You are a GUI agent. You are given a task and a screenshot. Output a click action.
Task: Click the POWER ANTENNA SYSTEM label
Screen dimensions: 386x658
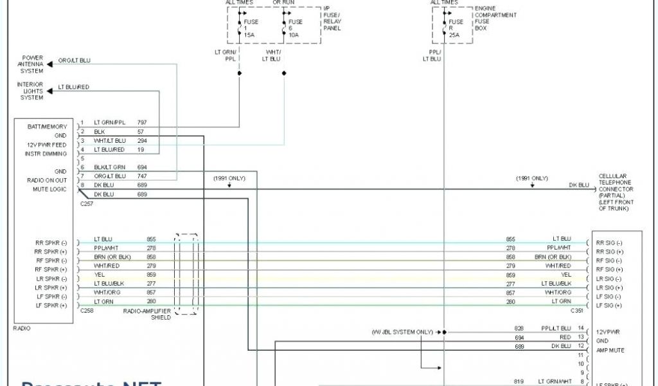click(32, 64)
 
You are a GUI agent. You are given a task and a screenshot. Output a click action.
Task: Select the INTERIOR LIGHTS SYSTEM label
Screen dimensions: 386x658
click(31, 91)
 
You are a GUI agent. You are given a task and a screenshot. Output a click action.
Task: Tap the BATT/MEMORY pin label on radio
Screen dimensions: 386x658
click(47, 127)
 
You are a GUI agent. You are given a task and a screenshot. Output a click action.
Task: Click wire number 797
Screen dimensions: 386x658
click(142, 122)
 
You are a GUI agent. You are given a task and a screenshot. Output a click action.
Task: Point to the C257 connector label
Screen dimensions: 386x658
click(86, 203)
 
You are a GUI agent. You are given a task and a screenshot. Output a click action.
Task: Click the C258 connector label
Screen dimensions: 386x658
click(86, 310)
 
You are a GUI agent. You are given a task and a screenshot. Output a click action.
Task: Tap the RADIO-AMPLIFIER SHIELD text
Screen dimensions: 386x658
click(148, 313)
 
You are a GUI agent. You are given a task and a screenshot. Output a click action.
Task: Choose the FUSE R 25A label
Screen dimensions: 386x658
click(456, 29)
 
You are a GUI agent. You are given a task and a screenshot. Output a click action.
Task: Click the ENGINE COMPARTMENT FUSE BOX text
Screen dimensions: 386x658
click(495, 18)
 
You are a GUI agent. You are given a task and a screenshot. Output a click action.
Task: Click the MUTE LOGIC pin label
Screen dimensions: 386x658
click(49, 189)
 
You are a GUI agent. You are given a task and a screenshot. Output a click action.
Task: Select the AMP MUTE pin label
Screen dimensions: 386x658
click(610, 350)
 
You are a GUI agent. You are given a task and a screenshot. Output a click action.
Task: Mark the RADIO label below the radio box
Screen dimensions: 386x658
click(22, 328)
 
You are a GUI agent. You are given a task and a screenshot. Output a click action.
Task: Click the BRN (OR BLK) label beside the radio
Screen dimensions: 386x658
click(112, 257)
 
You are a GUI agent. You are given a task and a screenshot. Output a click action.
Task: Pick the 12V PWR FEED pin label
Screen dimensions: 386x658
click(46, 145)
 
